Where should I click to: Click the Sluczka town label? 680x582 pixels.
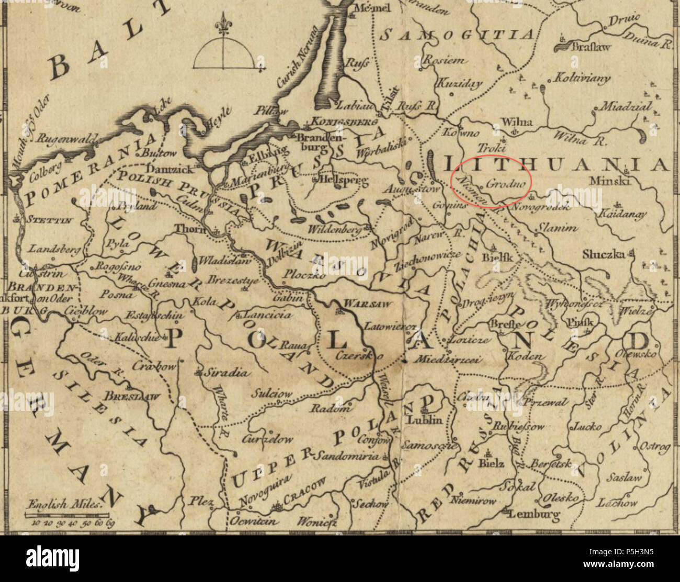[604, 254]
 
